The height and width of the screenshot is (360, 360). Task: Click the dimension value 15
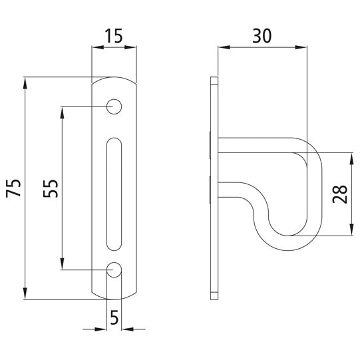tap(113, 35)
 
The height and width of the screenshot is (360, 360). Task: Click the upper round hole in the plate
tap(114, 106)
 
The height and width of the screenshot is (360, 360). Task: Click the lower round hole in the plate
tap(114, 270)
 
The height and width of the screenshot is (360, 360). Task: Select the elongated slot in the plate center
tap(114, 189)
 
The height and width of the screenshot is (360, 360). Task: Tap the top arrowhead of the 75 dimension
tap(27, 83)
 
